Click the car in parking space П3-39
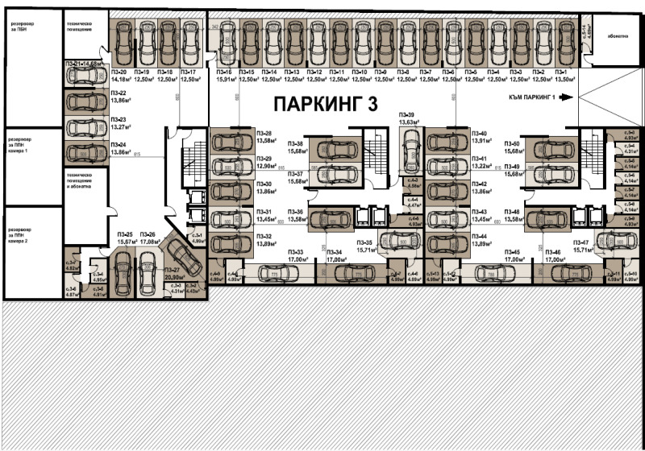click(x=410, y=150)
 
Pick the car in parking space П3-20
click(x=124, y=39)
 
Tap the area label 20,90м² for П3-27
click(x=173, y=276)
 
